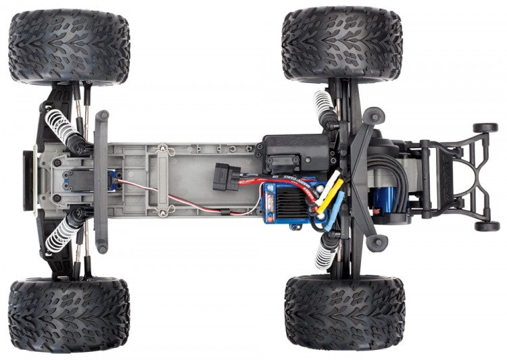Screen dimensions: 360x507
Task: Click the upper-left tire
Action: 68,46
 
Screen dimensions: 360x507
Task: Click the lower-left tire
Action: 68,314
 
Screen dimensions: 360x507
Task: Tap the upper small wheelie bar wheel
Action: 485,128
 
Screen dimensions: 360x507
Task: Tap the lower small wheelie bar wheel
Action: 486,226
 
